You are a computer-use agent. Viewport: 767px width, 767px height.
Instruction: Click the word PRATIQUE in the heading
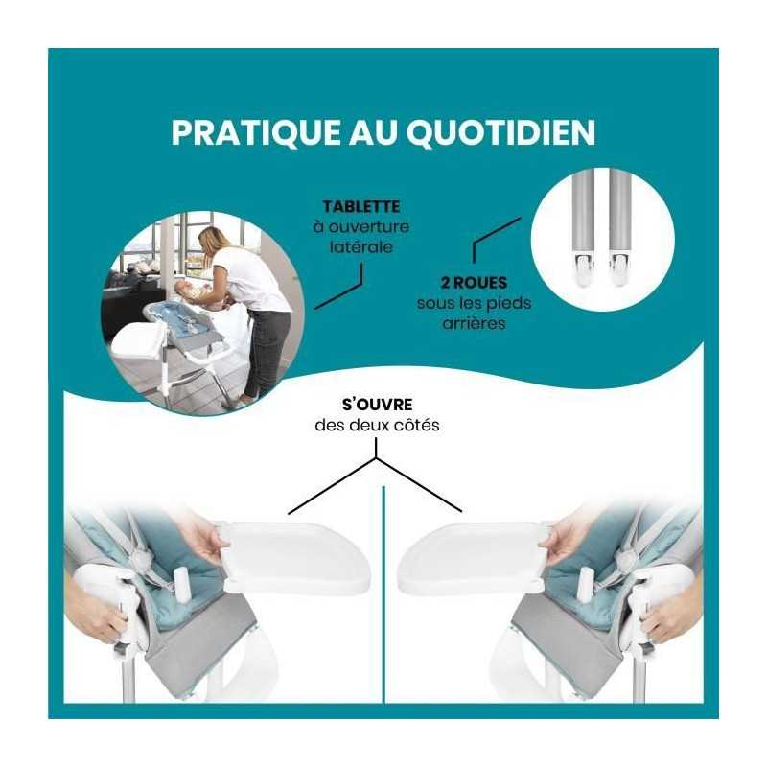click(x=256, y=131)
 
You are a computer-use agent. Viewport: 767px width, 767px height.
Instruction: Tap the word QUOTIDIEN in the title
click(x=500, y=132)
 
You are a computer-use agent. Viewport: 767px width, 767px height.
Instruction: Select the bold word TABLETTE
click(x=361, y=206)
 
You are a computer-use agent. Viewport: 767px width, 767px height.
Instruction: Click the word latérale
click(x=361, y=246)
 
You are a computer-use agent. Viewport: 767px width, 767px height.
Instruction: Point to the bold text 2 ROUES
click(x=474, y=283)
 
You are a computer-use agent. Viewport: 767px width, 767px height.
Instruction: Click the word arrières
click(x=474, y=323)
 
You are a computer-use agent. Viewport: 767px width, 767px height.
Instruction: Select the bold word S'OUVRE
click(x=377, y=405)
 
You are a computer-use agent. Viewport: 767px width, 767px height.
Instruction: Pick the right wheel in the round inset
click(x=620, y=271)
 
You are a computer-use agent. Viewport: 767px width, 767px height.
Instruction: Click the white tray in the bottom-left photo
click(x=293, y=556)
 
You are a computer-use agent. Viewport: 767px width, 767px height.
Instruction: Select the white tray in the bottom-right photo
click(x=472, y=556)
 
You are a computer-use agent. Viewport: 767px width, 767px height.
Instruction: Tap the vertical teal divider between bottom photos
click(x=383, y=594)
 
